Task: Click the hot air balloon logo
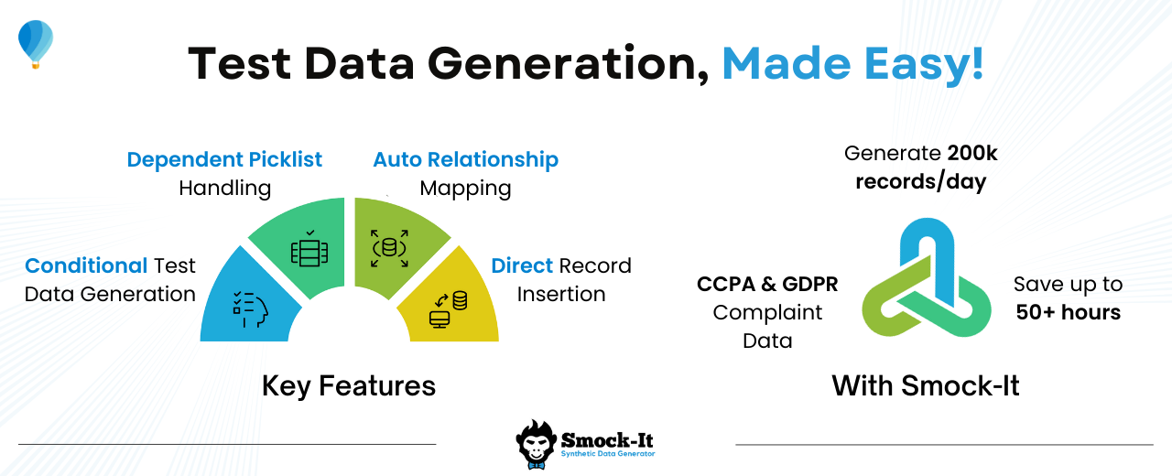(36, 44)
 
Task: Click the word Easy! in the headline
(924, 65)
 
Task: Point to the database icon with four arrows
(389, 248)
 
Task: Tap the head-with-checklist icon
(251, 309)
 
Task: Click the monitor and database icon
(449, 309)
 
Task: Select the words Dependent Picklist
(224, 159)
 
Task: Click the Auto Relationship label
(466, 159)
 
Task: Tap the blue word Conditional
(86, 265)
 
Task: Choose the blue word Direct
(522, 265)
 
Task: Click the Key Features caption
(349, 386)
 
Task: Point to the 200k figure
(972, 153)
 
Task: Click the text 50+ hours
(1069, 312)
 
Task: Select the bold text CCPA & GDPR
(767, 284)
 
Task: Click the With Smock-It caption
(926, 386)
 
